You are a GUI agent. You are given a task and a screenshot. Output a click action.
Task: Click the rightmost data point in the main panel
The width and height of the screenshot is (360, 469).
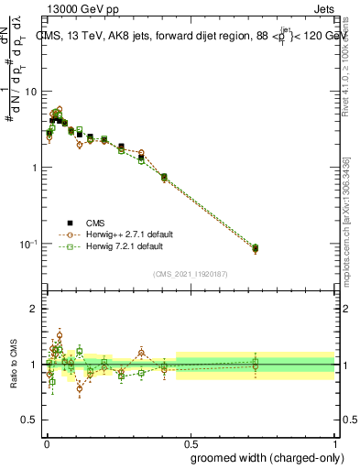(256, 248)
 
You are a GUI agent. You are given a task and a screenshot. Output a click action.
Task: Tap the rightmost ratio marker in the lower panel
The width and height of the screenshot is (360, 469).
(256, 365)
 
